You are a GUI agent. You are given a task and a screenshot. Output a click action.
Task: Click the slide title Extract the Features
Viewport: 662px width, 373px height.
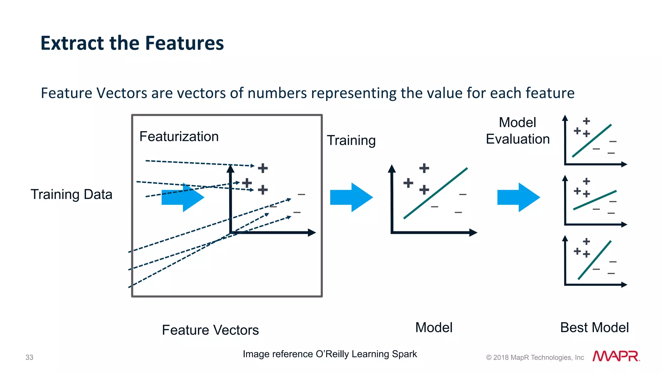(132, 43)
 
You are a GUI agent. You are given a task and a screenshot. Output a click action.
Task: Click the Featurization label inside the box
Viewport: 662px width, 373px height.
(179, 137)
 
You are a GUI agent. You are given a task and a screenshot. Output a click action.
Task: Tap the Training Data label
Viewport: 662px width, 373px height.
(71, 194)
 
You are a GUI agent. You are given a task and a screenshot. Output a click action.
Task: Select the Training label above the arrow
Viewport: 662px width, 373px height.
(351, 140)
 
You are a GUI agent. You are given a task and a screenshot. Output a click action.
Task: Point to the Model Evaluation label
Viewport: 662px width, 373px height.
(518, 131)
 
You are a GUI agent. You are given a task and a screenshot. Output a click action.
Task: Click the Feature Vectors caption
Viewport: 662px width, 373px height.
(210, 330)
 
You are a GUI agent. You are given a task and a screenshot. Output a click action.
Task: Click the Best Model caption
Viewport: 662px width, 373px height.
(594, 327)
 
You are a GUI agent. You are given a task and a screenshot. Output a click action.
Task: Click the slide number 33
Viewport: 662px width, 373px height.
(29, 357)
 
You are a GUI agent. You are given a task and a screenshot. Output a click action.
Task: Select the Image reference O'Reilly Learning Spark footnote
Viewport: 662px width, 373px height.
(330, 354)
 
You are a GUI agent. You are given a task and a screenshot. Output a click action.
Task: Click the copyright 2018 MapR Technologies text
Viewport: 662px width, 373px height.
(535, 357)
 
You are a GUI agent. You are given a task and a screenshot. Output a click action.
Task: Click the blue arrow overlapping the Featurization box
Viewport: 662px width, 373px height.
(183, 197)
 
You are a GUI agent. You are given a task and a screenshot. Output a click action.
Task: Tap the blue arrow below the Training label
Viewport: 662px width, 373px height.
(351, 197)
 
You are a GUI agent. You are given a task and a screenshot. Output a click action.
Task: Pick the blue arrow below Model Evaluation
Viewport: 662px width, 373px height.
(518, 197)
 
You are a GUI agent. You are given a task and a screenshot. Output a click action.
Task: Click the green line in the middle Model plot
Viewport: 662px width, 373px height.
(435, 193)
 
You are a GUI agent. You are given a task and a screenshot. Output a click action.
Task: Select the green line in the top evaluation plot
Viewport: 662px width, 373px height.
(592, 141)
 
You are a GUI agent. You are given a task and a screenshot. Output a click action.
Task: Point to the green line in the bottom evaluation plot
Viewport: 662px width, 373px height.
(594, 260)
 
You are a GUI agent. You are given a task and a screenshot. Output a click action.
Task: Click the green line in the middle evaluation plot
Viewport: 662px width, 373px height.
(595, 200)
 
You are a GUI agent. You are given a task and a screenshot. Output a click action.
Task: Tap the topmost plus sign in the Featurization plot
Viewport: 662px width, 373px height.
(263, 168)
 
